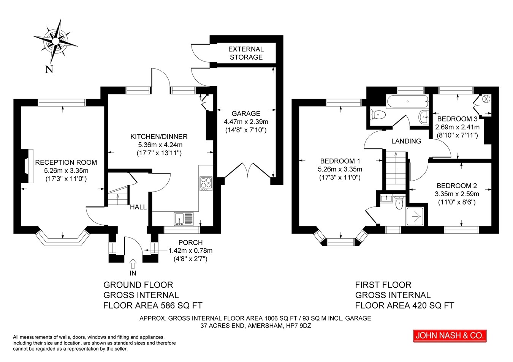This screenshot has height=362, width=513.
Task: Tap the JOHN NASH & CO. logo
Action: pyautogui.click(x=450, y=336)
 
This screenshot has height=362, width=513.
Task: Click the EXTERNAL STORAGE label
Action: pyautogui.click(x=246, y=53)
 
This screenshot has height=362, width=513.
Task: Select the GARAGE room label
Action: pyautogui.click(x=246, y=113)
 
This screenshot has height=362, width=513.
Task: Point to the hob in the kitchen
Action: pyautogui.click(x=206, y=184)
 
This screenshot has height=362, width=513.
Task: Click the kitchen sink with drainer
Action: pyautogui.click(x=184, y=219)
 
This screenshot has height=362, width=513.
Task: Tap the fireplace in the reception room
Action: pyautogui.click(x=27, y=166)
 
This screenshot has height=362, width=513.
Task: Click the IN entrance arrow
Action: pyautogui.click(x=133, y=264)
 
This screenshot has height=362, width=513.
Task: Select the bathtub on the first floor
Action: pyautogui.click(x=407, y=102)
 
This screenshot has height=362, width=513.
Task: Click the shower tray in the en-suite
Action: pyautogui.click(x=415, y=217)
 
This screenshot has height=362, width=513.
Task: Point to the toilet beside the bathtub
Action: pyautogui.click(x=378, y=115)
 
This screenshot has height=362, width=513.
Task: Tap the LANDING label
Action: pyautogui.click(x=406, y=141)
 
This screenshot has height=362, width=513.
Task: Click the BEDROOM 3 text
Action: pyautogui.click(x=457, y=119)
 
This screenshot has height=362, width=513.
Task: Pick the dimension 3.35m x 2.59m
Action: pyautogui.click(x=457, y=194)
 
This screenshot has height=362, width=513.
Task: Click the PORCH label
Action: pyautogui.click(x=190, y=242)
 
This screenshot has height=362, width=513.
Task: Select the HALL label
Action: pyautogui.click(x=138, y=207)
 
